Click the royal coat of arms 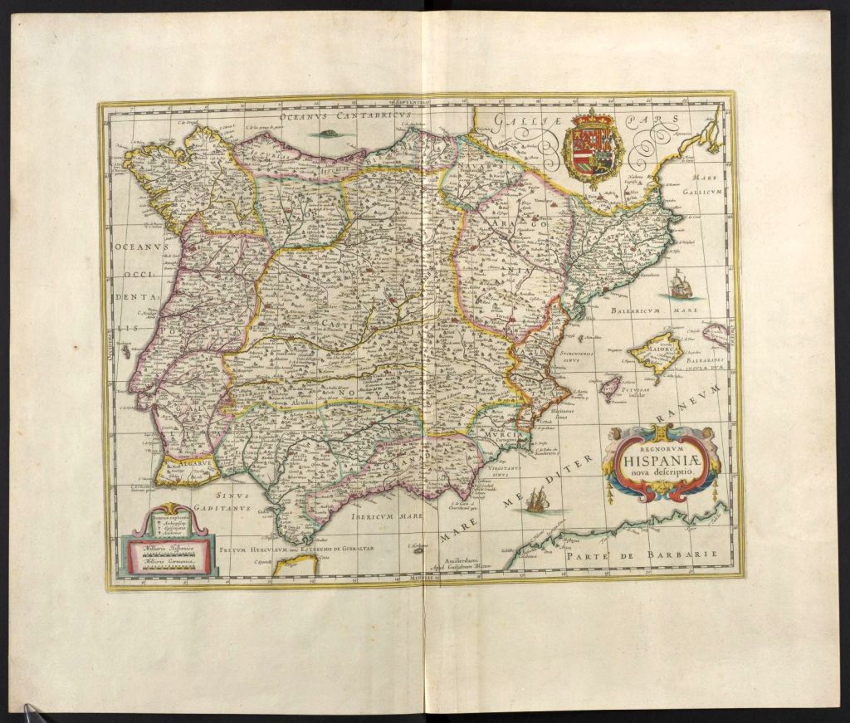coord(593,147)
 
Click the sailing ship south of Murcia coord(538,499)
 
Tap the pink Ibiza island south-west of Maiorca coord(610,386)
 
